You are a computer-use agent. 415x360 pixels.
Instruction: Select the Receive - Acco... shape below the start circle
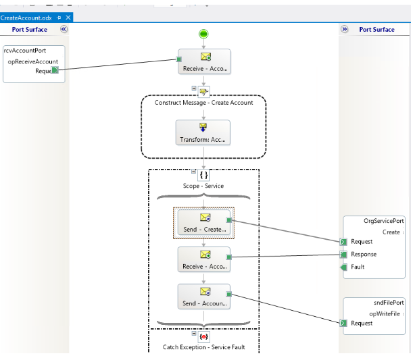coord(203,62)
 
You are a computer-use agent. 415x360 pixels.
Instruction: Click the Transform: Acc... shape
coord(203,132)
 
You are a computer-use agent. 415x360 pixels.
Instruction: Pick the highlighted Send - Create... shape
coord(203,223)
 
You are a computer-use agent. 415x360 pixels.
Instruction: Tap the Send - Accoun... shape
coord(203,297)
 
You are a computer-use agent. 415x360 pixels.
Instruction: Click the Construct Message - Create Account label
coord(203,103)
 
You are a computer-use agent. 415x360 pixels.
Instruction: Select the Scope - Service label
coord(203,186)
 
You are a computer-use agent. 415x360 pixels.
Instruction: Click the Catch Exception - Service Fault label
coord(203,347)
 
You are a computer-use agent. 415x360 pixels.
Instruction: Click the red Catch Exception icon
coord(204,336)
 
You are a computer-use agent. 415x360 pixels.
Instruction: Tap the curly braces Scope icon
coord(203,174)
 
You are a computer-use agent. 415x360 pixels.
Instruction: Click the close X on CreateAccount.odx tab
coord(68,17)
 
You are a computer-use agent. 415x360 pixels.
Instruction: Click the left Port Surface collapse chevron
coord(64,30)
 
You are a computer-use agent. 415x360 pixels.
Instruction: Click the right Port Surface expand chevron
coord(344,30)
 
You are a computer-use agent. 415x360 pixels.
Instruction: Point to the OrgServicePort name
coord(384,221)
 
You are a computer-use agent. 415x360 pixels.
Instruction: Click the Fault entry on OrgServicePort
coord(358,267)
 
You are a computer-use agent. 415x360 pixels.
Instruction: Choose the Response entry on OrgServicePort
coord(364,255)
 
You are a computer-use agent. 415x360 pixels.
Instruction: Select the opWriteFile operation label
coord(386,314)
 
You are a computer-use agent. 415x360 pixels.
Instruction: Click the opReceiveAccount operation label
coord(32,61)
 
